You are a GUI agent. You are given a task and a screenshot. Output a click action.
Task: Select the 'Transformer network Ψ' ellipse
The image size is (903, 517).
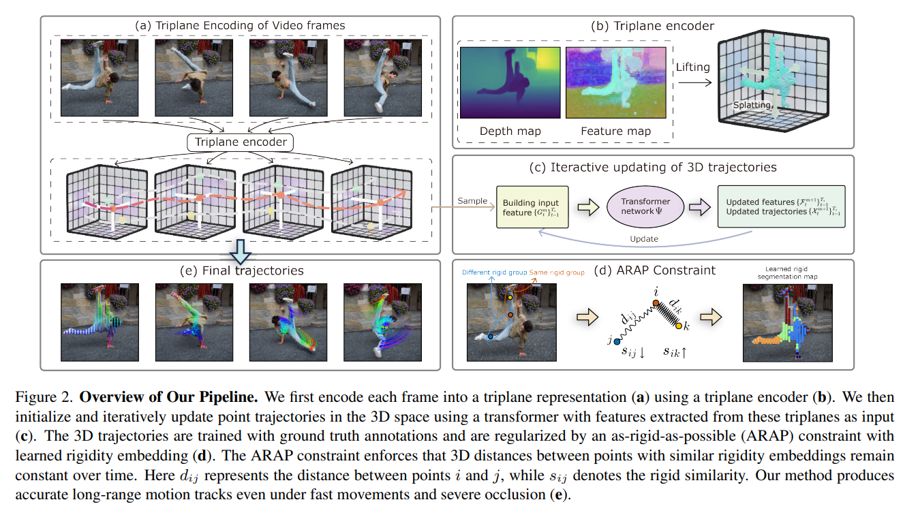tap(645, 206)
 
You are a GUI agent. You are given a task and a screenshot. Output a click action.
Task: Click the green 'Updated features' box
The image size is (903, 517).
tap(781, 206)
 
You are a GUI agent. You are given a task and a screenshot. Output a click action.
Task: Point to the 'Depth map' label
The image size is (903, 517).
tap(510, 131)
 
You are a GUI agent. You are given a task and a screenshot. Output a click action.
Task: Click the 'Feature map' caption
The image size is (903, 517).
tap(615, 131)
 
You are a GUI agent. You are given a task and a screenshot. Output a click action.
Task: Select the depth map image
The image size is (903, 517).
tap(510, 82)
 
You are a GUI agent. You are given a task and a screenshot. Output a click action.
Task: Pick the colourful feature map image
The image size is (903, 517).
tap(615, 82)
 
